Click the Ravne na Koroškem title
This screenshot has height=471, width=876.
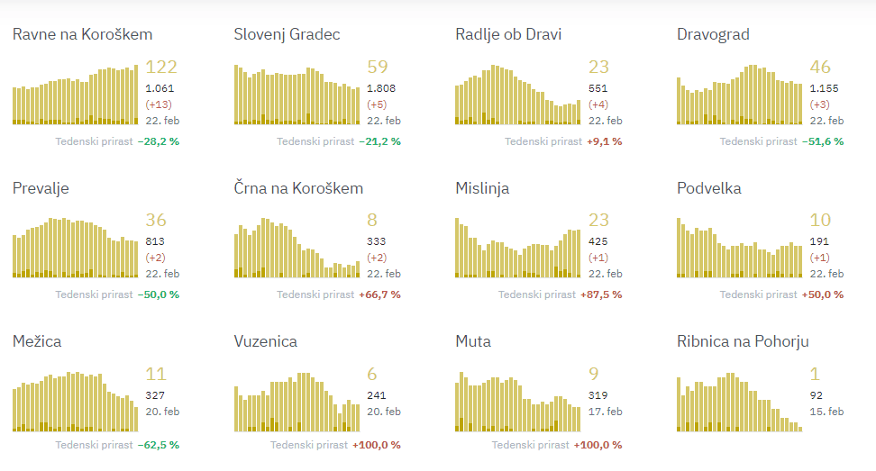pyautogui.click(x=82, y=34)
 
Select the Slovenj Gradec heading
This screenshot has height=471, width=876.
pyautogui.click(x=287, y=34)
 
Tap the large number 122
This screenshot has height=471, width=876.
pyautogui.click(x=161, y=67)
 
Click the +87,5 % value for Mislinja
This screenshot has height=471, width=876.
pyautogui.click(x=602, y=294)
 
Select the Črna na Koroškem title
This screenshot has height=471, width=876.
pyautogui.click(x=298, y=188)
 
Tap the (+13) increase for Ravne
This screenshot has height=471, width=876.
pyautogui.click(x=160, y=104)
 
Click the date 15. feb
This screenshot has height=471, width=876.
pyautogui.click(x=826, y=411)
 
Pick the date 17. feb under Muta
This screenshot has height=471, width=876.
pyautogui.click(x=606, y=411)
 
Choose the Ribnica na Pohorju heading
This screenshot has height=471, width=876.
pyautogui.click(x=743, y=341)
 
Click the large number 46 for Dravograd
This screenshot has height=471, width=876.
pyautogui.click(x=820, y=67)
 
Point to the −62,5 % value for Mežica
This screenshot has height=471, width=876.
pyautogui.click(x=160, y=445)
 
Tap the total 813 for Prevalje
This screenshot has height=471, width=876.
pyautogui.click(x=155, y=241)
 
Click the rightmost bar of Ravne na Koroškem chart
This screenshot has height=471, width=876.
pyautogui.click(x=136, y=95)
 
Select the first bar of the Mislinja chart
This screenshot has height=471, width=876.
pyautogui.click(x=458, y=248)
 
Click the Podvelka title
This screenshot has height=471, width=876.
pyautogui.click(x=709, y=188)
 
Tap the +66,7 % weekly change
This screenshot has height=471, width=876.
pyautogui.click(x=380, y=294)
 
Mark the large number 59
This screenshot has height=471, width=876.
pyautogui.click(x=378, y=67)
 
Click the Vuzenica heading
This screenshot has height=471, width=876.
pyautogui.click(x=265, y=341)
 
